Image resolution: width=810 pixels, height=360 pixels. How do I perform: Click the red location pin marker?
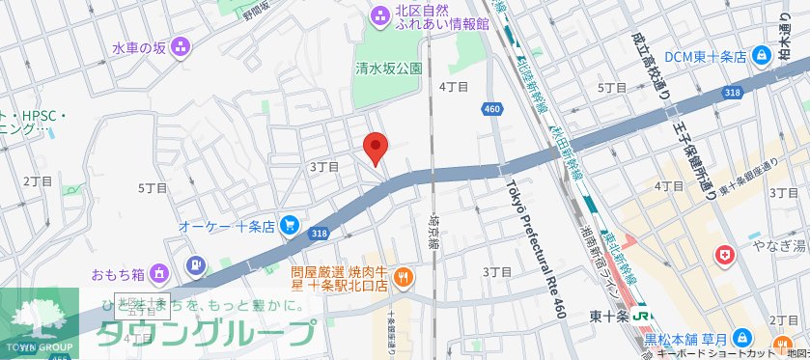[375, 148]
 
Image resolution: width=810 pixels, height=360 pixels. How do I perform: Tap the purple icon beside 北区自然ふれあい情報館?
[377, 14]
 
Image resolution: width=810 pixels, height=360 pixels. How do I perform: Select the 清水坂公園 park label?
[388, 69]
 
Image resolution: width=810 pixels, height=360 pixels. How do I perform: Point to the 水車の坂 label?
[140, 46]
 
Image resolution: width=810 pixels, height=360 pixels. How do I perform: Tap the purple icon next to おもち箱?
[159, 272]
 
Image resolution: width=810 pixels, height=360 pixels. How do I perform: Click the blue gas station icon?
[196, 264]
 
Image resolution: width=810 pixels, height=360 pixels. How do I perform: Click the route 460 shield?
[492, 109]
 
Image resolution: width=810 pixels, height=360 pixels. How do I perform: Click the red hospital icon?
[722, 256]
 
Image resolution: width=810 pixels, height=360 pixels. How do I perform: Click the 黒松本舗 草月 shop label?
[686, 339]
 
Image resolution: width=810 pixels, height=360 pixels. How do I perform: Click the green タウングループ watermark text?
[207, 333]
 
